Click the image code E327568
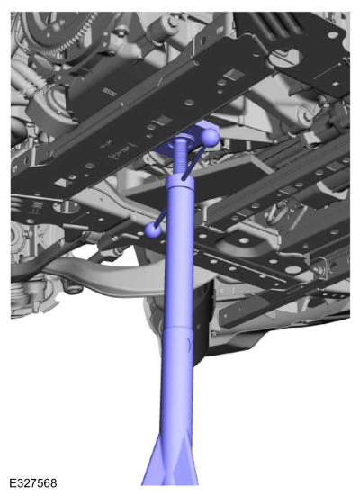tap(33, 483)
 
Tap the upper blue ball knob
tap(210, 137)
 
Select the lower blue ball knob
tap(153, 230)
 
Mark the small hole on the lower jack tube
tap(187, 342)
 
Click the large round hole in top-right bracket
tap(283, 58)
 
